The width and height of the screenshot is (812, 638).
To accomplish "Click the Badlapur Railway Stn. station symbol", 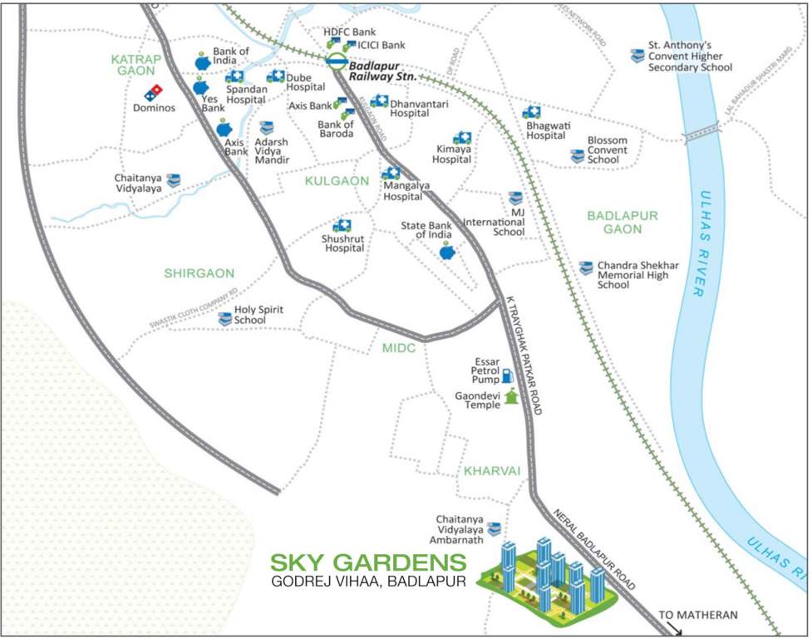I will click(x=336, y=61).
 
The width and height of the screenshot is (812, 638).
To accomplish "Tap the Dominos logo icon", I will click(x=155, y=92).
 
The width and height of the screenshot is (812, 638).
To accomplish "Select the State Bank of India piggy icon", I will click(x=448, y=252).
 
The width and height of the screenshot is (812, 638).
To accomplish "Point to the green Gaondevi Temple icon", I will click(x=511, y=397).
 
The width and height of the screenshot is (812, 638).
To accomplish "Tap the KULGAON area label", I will click(x=337, y=180).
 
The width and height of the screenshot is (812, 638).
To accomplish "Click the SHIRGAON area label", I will click(x=199, y=272).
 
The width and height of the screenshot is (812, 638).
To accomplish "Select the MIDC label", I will click(x=398, y=348).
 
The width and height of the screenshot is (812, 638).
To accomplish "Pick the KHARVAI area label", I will click(x=492, y=471).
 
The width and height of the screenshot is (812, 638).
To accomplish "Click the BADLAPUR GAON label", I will click(x=622, y=222).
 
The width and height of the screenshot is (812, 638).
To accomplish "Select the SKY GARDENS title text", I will click(x=367, y=562).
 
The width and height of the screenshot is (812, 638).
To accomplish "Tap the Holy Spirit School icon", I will click(x=225, y=319).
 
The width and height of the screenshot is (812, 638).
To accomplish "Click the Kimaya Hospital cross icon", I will click(x=462, y=138).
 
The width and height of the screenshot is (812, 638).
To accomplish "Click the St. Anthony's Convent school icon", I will click(x=637, y=56).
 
